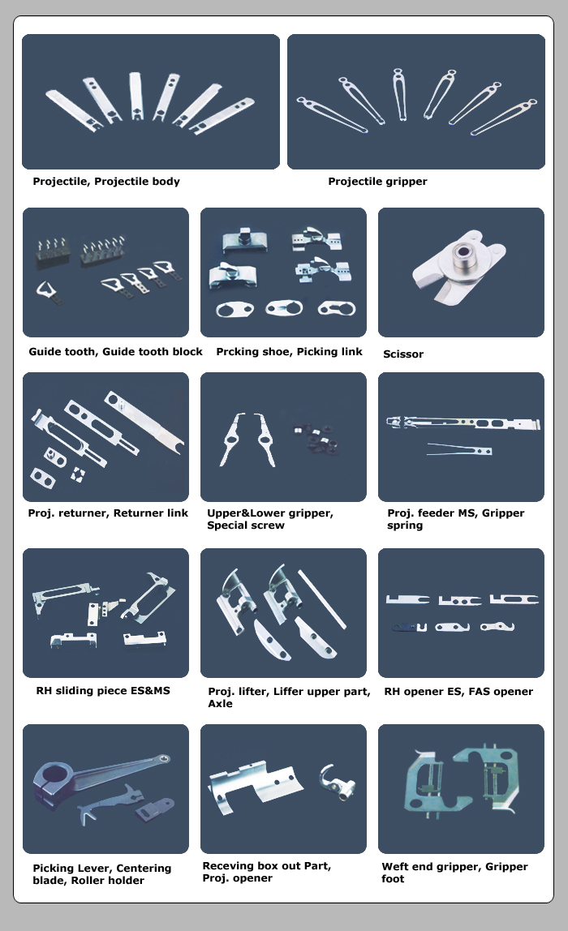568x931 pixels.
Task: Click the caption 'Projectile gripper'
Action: [377, 182]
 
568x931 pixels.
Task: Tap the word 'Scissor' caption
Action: [403, 354]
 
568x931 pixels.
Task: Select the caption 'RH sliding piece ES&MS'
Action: [103, 691]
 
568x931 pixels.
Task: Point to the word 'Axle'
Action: [220, 704]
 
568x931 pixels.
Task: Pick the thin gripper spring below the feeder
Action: [459, 448]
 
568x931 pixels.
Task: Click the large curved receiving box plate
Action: [253, 787]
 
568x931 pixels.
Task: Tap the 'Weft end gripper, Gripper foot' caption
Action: [454, 873]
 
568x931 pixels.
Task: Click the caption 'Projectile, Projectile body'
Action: [106, 182]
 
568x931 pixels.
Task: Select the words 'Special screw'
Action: [246, 526]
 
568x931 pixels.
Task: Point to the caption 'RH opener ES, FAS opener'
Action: [458, 692]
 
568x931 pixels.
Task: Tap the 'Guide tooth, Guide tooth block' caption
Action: [115, 352]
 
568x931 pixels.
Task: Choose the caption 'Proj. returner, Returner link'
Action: [108, 513]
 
